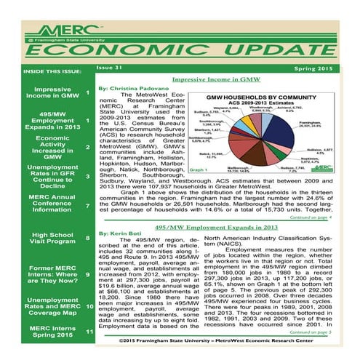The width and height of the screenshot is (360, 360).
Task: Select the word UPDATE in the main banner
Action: coord(270,48)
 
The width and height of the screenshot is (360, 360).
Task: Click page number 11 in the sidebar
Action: coord(88,332)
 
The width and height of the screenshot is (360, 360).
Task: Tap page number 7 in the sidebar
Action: coord(88,205)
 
